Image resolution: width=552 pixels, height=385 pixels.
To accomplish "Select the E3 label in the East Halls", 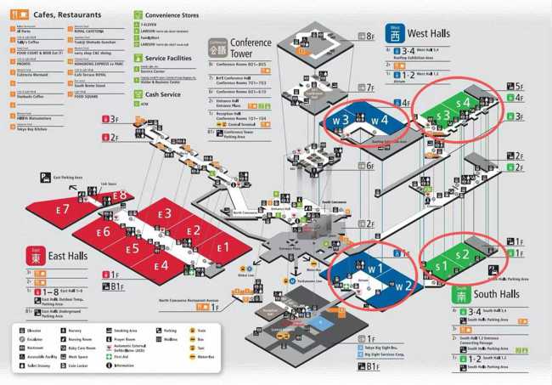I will point(163,213).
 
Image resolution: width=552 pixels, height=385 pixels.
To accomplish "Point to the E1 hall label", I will point(224,247).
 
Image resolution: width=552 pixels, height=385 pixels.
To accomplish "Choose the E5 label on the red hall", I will point(132,249).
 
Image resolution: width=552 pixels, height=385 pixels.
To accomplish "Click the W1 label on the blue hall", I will point(375,269).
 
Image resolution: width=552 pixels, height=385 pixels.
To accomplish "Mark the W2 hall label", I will point(403,286).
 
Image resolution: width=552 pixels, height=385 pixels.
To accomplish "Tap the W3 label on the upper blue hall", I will point(341,120).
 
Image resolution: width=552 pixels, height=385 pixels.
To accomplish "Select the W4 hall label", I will point(380,120).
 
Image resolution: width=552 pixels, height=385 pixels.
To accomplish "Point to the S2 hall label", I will point(463,254).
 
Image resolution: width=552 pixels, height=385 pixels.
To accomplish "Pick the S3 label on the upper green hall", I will point(442,116).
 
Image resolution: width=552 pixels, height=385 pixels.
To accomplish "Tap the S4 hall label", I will point(463,103).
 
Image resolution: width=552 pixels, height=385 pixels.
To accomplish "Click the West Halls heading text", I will point(429,33).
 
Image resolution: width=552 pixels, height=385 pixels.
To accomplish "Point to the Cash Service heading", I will point(163,94).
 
